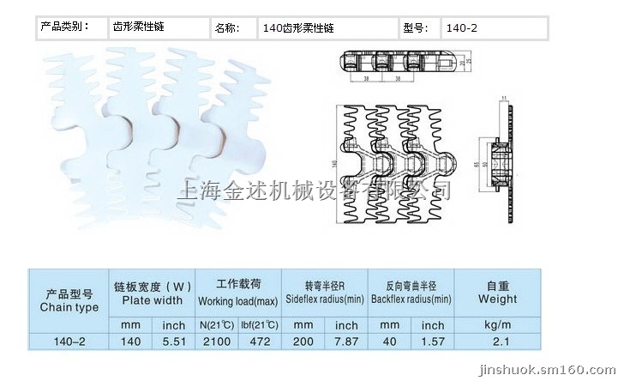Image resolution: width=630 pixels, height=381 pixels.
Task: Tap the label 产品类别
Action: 64,27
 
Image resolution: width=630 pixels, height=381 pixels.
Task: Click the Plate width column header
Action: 152,293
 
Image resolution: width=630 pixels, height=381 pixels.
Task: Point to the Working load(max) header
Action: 238,293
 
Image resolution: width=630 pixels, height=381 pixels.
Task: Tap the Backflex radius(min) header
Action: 410,293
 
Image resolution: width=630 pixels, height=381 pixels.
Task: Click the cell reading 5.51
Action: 173,341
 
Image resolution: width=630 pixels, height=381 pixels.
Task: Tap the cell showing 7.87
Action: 346,341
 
